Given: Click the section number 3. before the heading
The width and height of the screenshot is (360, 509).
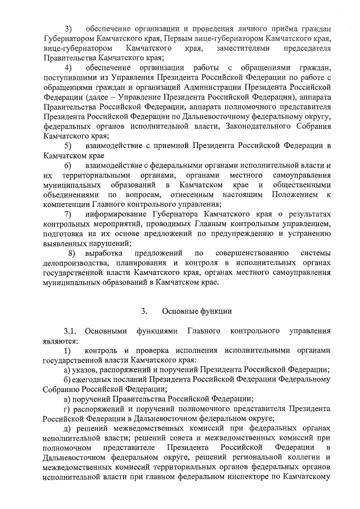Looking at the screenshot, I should pyautogui.click(x=144, y=311).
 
